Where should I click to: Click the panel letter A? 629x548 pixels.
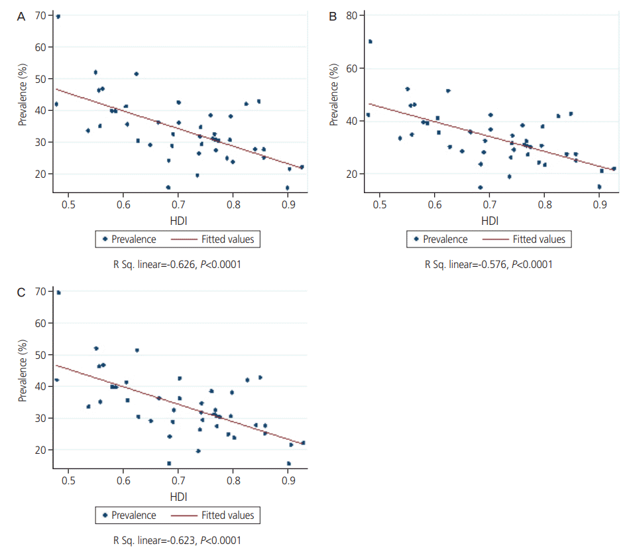(21, 17)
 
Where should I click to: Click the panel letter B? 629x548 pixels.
(333, 17)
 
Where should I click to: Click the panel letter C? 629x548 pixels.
(21, 293)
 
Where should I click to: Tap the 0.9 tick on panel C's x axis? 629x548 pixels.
(288, 481)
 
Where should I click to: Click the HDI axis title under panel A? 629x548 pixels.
(178, 220)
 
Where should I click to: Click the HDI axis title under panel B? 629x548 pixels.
(490, 220)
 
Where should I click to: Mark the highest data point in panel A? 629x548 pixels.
(58, 17)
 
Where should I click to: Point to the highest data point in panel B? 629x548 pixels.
(371, 41)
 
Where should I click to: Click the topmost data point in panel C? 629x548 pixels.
(58, 292)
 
